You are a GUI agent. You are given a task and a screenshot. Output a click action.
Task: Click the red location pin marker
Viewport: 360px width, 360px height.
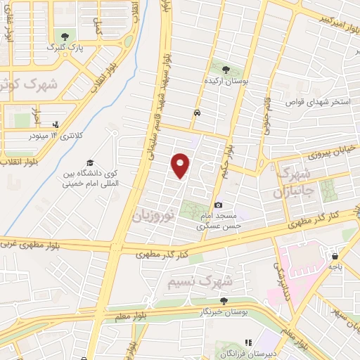click(x=181, y=165)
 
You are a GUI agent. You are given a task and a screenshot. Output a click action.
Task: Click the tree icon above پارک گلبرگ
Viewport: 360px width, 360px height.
click(x=65, y=35)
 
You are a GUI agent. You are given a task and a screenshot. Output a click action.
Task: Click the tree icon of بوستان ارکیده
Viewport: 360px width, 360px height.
click(x=226, y=70)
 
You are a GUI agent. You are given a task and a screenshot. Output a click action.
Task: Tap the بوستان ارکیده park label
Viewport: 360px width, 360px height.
click(x=226, y=82)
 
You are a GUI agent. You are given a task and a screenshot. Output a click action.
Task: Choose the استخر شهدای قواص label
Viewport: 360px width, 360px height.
click(x=318, y=102)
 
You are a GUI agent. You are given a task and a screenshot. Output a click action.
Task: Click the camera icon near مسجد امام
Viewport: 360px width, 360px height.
click(x=218, y=205)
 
